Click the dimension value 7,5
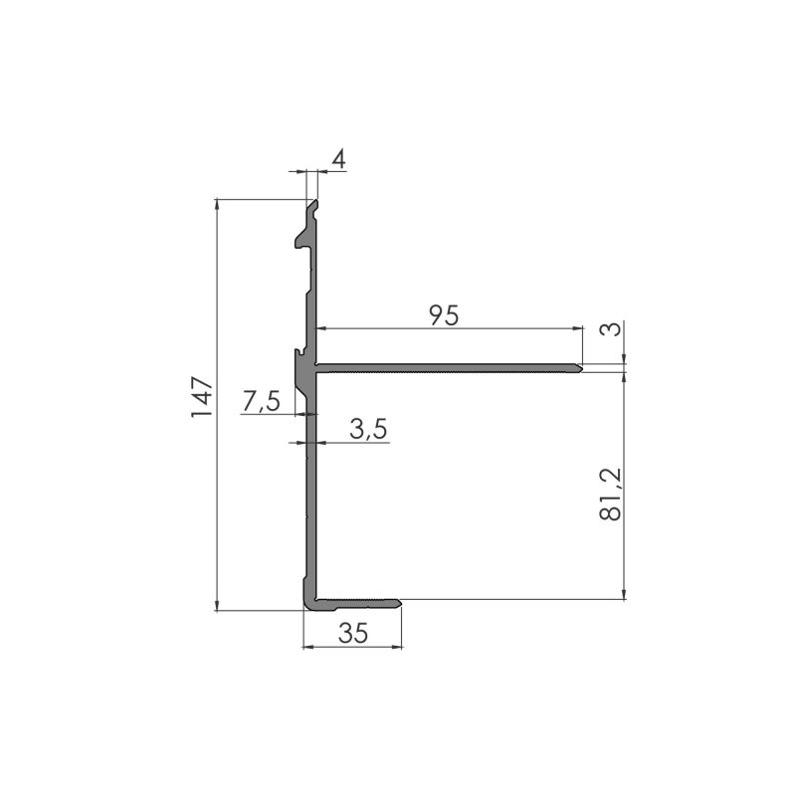coord(261,401)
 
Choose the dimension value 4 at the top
coord(337,159)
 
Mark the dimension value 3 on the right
coord(617,330)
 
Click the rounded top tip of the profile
coord(313,203)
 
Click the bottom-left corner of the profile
coord(303,606)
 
